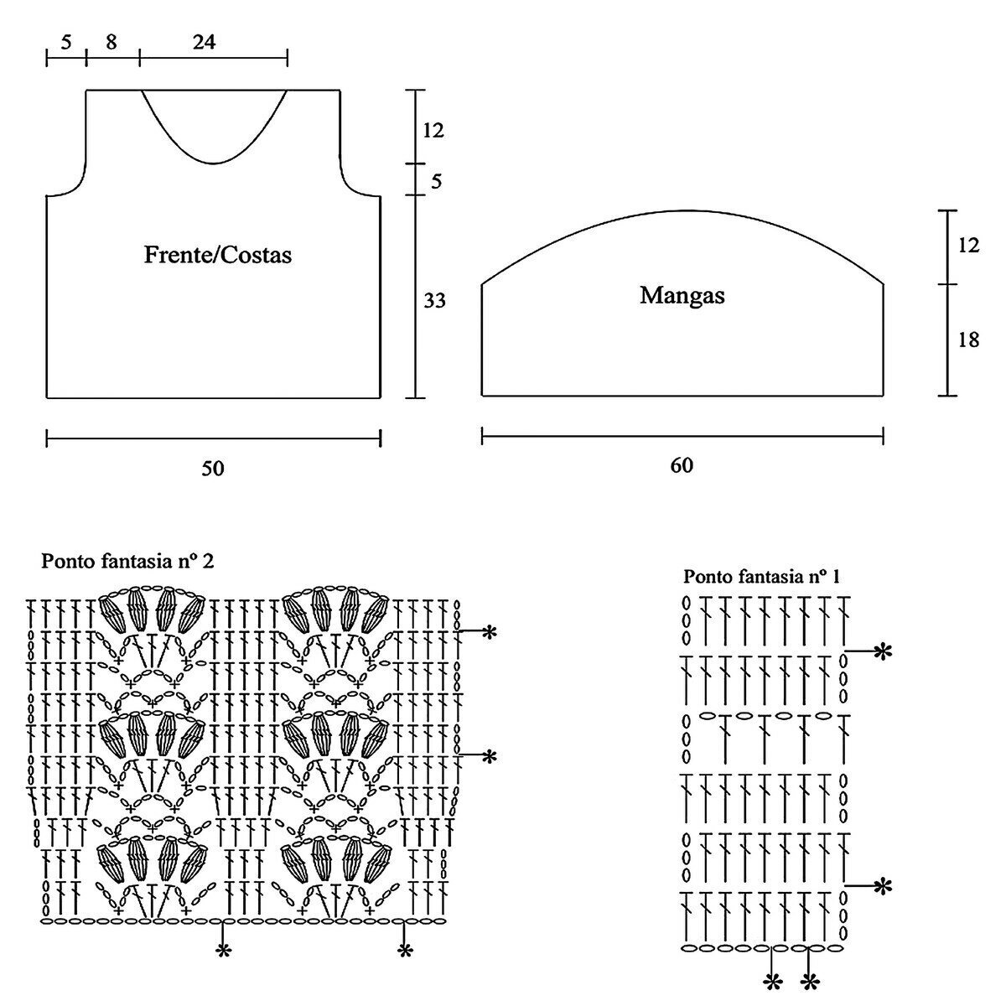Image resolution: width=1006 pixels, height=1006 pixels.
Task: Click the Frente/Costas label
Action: [218, 254]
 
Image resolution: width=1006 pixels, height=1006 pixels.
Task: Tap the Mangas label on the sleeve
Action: [682, 295]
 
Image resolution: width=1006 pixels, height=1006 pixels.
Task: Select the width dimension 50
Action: [213, 468]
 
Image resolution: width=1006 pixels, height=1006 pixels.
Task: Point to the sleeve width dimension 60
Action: [682, 464]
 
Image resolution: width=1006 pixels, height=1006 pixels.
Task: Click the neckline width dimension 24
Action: [204, 42]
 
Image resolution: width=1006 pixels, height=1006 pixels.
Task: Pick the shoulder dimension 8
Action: [112, 42]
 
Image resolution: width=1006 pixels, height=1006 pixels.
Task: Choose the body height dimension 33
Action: [434, 300]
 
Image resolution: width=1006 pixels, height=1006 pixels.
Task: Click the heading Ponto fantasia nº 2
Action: [127, 561]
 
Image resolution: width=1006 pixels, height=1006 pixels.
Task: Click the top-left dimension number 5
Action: [66, 42]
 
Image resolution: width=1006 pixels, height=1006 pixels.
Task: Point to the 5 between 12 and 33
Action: [435, 181]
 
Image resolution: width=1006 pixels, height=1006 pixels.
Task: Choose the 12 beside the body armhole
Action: [433, 130]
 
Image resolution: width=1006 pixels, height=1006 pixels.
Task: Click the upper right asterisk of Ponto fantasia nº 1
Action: [882, 651]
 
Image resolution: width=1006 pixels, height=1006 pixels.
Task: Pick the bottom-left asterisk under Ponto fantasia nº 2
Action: [223, 951]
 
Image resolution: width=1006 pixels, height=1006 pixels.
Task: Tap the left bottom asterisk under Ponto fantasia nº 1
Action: [772, 981]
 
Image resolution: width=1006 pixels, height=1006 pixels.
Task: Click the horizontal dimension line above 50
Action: [213, 437]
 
